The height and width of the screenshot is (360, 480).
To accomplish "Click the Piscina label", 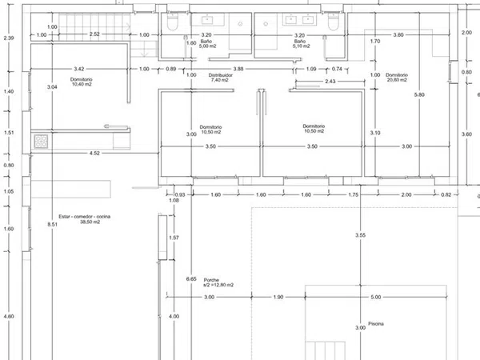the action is (376, 323).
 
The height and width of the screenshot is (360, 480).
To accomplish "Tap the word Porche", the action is (211, 280).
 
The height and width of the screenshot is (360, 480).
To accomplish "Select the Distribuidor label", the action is (221, 75).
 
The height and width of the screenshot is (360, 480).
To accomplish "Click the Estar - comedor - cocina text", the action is (85, 217).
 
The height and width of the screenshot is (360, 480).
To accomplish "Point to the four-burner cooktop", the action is (41, 142).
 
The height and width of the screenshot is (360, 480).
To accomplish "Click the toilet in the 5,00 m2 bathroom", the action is (172, 22).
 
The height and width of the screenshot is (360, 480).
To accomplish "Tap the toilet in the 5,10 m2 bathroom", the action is (333, 22).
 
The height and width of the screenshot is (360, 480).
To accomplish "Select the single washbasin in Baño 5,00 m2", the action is (207, 20).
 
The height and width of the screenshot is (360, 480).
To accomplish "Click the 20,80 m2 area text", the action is (397, 80).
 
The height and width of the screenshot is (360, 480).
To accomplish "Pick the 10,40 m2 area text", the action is (82, 84).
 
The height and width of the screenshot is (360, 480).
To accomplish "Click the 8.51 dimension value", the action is (52, 224).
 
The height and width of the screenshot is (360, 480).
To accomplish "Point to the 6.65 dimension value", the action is (191, 279).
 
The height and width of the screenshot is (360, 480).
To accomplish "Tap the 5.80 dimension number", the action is (419, 95).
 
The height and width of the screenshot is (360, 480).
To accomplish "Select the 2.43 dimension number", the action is (330, 82).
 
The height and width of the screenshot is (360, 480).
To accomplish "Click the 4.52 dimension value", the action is (94, 153).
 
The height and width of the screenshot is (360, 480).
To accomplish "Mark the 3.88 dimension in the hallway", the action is (238, 69).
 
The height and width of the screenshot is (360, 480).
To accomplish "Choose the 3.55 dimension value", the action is (360, 235).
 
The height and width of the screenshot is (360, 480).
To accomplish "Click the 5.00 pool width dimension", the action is (376, 297).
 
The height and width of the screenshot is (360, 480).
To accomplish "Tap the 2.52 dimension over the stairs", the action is (94, 34).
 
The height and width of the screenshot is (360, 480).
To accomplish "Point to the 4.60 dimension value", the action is (9, 316).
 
